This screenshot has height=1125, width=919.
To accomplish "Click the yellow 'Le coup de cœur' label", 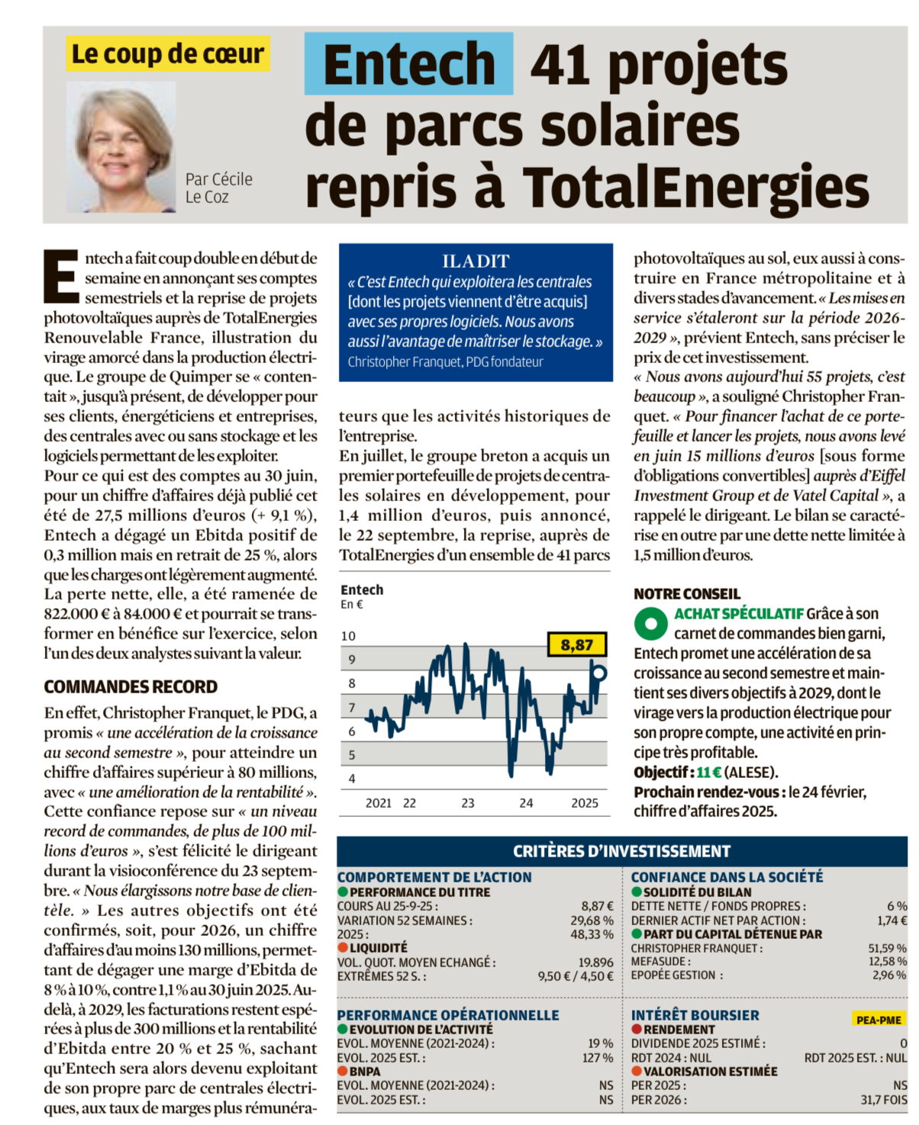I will [167, 54].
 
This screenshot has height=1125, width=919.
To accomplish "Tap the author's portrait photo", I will [121, 147].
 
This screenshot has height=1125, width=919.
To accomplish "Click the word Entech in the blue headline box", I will [409, 65].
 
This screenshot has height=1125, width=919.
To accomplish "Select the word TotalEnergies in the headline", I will [695, 186].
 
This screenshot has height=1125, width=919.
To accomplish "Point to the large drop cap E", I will [61, 276].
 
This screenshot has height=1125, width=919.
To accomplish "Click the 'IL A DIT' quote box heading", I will [476, 261].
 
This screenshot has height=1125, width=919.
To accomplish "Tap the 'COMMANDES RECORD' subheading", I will [131, 686].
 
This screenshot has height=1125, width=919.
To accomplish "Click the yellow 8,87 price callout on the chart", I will [577, 645].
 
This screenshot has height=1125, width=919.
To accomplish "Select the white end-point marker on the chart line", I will [599, 673].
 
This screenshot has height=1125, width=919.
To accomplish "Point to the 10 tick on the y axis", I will [348, 636].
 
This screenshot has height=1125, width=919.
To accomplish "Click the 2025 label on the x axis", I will [585, 803].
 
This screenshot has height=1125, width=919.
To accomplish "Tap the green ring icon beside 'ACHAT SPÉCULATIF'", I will [650, 623].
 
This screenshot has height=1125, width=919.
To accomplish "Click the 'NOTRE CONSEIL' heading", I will [687, 593].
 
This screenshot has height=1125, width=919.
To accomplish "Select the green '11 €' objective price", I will [708, 772].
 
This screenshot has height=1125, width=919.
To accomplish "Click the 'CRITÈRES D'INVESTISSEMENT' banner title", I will [621, 851].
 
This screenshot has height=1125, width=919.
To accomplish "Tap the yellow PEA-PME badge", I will [879, 1020].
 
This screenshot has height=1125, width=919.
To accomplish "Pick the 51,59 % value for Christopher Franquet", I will [887, 948].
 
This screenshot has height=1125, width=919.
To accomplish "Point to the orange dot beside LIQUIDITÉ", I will [343, 948].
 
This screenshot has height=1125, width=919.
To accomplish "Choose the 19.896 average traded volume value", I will [595, 963].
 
